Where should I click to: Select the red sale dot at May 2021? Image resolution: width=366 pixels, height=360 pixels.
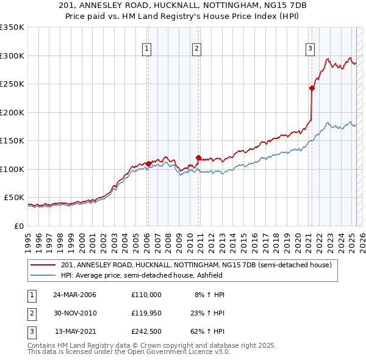[x=312, y=88]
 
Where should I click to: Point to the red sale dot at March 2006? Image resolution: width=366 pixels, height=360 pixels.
[x=148, y=164]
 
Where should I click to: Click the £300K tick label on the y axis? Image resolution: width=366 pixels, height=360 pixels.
[x=12, y=56]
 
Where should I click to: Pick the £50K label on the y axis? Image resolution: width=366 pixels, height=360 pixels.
[x=14, y=198]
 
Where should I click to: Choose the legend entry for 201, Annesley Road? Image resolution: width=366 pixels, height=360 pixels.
[x=196, y=265]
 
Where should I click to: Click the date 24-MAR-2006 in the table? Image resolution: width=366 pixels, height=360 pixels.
[x=75, y=295]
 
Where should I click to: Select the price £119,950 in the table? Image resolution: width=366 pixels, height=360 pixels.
[x=146, y=313]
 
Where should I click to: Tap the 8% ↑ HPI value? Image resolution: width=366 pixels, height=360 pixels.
[x=209, y=295]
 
